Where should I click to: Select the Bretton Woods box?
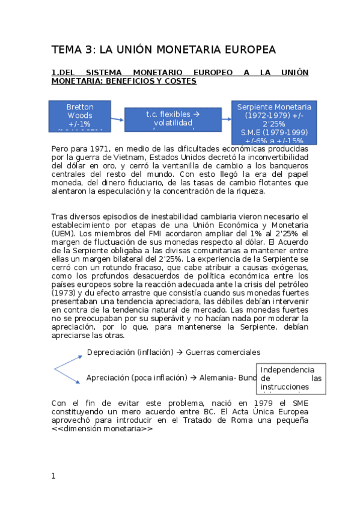(80, 115)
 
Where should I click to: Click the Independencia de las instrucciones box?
(291, 378)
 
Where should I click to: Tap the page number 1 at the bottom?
(53, 476)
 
